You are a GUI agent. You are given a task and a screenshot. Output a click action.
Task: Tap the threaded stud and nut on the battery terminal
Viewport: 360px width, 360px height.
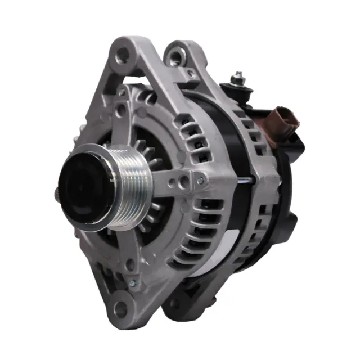(238, 79)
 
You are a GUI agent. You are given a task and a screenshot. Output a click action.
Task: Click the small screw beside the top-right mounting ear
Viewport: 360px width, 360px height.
(191, 74)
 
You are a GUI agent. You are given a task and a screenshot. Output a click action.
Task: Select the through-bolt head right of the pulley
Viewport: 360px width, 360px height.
(201, 181)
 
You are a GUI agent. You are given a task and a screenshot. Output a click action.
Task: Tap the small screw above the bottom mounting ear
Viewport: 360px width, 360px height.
(133, 283)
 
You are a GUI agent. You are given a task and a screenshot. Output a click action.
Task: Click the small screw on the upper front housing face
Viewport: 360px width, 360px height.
(121, 91)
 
